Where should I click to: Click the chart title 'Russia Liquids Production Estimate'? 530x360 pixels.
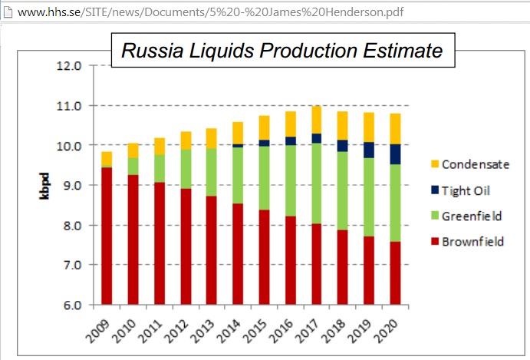point(282,51)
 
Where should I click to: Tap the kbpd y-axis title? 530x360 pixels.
point(44,186)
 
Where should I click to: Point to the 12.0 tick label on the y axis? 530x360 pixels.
point(69,66)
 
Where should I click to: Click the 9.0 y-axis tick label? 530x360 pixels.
point(72,186)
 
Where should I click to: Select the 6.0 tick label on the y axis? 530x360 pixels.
point(72,306)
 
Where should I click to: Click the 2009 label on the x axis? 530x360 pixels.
point(98,331)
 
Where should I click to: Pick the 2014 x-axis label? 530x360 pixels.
point(229,331)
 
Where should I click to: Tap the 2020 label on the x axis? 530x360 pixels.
point(386,331)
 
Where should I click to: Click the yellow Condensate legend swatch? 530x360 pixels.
point(435,164)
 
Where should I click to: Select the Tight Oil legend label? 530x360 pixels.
point(466,191)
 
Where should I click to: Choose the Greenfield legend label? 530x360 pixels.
point(472,216)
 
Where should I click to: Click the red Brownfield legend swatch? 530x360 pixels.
point(435,242)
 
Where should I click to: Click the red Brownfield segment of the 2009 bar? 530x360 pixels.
point(107,236)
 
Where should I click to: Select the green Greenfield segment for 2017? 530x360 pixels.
point(316,183)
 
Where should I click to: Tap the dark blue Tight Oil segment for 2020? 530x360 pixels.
point(395,154)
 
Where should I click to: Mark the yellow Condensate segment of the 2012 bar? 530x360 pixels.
point(186,140)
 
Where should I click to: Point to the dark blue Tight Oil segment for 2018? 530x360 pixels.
point(342,146)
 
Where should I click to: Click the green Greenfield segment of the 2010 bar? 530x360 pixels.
point(133,167)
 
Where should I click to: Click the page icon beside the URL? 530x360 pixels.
point(8,12)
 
